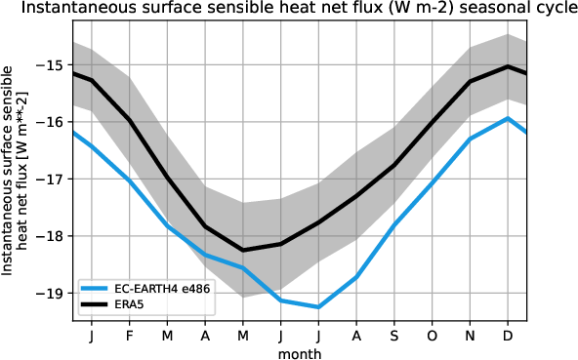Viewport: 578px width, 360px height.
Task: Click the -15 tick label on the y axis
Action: coord(54,64)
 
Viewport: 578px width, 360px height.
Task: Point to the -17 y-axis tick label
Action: coord(54,179)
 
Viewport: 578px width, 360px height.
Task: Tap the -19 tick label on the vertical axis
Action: coord(54,293)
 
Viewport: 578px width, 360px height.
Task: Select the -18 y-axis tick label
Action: coord(54,236)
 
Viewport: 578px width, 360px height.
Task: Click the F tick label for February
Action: coord(129,336)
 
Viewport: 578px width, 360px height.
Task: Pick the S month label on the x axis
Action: coord(394,336)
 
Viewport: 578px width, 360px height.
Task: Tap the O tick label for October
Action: coord(433,336)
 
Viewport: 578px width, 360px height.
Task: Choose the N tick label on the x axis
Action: coord(471,336)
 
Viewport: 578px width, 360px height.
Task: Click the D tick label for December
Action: coord(509,336)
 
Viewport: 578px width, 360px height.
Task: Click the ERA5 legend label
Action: coord(137,304)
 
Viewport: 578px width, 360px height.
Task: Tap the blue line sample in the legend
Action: coord(98,289)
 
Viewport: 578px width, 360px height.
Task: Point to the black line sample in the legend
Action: coord(98,304)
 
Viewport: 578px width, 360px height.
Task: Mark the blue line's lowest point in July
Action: coord(318,306)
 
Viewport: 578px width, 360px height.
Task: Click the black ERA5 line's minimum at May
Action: coord(243,250)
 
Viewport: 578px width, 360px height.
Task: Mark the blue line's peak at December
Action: coord(509,118)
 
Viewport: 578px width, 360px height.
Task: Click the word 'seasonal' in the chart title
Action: coord(469,10)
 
